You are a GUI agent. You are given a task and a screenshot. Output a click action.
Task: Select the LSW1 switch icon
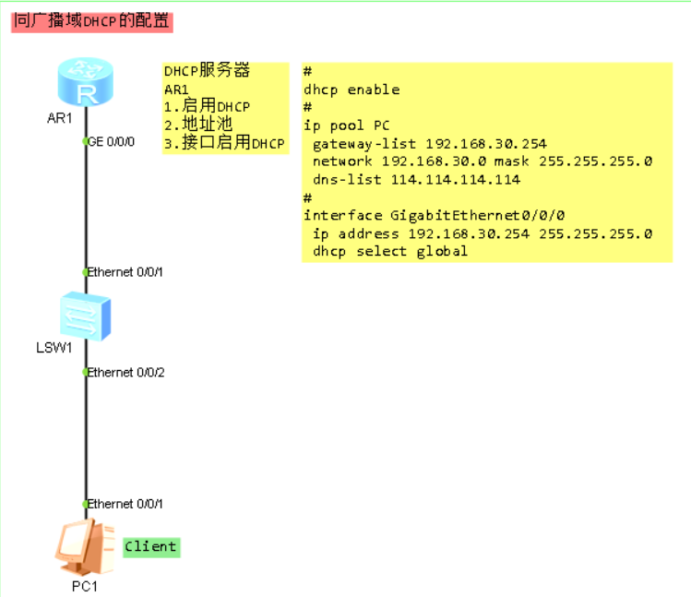pyautogui.click(x=85, y=316)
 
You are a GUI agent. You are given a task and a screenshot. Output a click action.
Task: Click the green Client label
pyautogui.click(x=150, y=546)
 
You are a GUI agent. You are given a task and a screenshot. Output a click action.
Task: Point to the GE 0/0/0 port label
pyautogui.click(x=113, y=142)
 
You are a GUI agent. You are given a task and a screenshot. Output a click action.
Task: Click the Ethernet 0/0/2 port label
pyautogui.click(x=126, y=372)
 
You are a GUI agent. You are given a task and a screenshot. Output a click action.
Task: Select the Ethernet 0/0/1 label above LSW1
pyautogui.click(x=126, y=272)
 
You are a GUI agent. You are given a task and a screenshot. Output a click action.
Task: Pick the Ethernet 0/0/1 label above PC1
pyautogui.click(x=126, y=504)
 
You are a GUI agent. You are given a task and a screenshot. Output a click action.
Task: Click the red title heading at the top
pyautogui.click(x=91, y=21)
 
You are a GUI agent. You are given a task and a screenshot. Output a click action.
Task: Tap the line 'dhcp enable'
pyautogui.click(x=351, y=90)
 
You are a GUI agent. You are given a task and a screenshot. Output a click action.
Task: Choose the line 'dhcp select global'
pyautogui.click(x=389, y=251)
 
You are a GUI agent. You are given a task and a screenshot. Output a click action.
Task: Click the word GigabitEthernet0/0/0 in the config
pyautogui.click(x=477, y=215)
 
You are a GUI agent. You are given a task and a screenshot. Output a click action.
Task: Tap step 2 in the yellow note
pyautogui.click(x=198, y=125)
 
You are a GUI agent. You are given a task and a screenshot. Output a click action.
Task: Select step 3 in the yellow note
pyautogui.click(x=224, y=143)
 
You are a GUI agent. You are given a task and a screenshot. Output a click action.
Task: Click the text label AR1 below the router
pyautogui.click(x=59, y=117)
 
